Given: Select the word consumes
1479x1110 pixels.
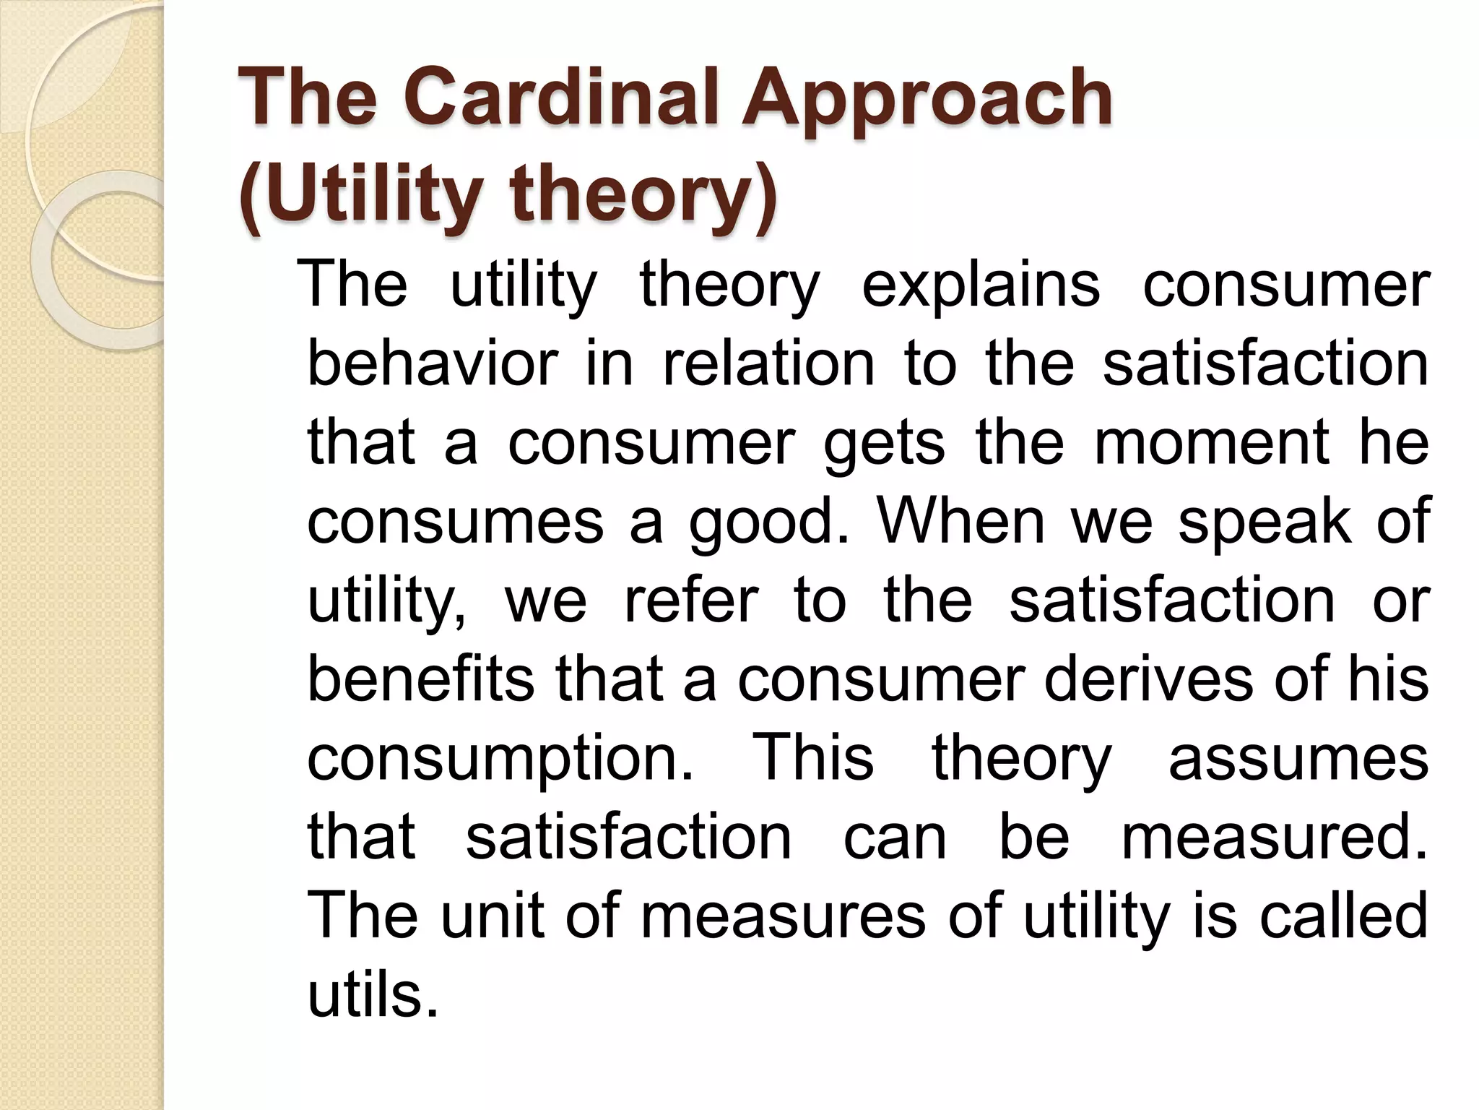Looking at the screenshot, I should [455, 521].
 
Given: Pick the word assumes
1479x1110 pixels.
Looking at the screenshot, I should [1298, 758].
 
